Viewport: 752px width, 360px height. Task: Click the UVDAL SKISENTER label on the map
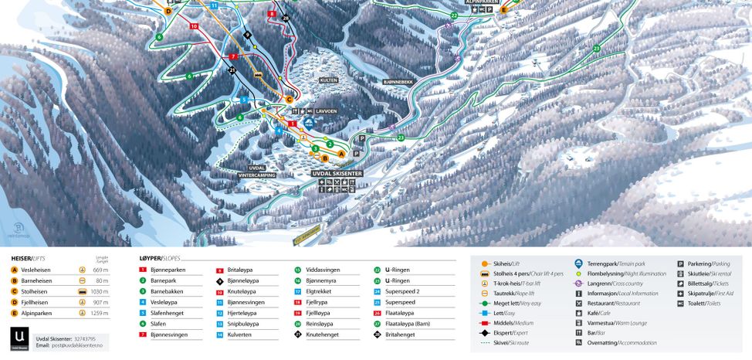337,174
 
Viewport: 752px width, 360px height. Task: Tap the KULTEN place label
329,80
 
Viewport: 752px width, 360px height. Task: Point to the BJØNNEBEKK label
398,81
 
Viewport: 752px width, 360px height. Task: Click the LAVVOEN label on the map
326,111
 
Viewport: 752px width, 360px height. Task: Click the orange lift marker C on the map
290,99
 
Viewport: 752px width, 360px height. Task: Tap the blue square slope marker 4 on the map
279,131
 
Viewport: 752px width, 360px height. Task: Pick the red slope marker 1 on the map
293,124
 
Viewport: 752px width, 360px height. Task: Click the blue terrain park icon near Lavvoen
308,122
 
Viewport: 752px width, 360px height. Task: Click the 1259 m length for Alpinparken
100,314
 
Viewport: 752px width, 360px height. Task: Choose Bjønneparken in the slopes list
168,270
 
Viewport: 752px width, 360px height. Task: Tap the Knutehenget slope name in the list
323,335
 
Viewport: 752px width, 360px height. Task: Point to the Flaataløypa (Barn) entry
407,324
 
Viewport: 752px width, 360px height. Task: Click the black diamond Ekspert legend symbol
483,332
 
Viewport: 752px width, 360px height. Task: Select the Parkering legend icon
681,264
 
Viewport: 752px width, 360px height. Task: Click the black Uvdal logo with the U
21,338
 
